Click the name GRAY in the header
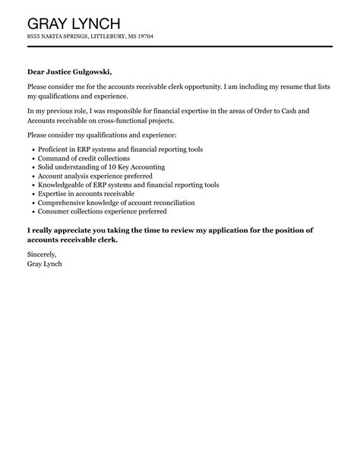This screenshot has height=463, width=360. point(49,21)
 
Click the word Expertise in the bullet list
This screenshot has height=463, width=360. point(56,194)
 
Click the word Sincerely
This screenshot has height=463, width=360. point(43,254)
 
